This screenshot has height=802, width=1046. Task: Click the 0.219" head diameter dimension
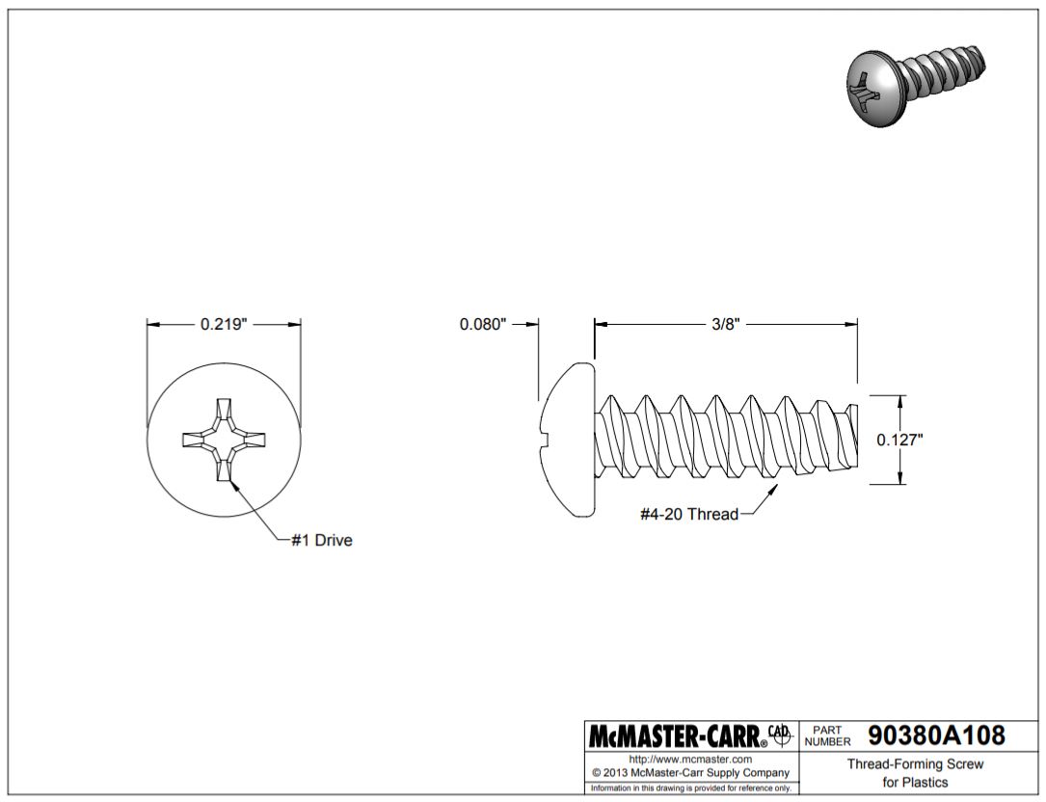click(224, 324)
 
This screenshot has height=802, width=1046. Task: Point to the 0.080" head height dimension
click(483, 324)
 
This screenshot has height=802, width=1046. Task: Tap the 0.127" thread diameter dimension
click(899, 440)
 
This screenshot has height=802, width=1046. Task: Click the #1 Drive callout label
click(322, 540)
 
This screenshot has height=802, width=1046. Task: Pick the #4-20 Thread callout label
click(689, 514)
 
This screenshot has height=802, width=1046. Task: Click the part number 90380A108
click(936, 735)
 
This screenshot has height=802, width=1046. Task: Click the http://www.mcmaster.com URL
click(690, 760)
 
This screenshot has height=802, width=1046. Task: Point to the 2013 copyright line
click(690, 773)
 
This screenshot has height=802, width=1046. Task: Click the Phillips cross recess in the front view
click(224, 439)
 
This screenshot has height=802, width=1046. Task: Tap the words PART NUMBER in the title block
click(827, 735)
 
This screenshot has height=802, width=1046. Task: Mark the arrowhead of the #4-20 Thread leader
click(774, 489)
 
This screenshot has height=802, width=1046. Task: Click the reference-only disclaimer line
click(690, 788)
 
